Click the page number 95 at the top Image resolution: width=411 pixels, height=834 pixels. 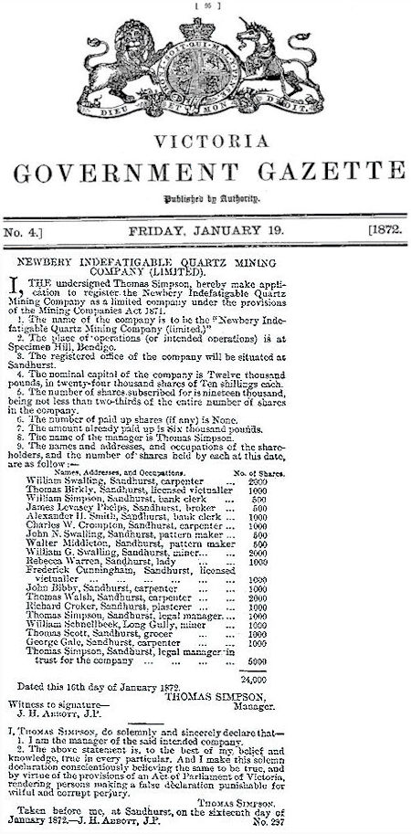(x=204, y=5)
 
